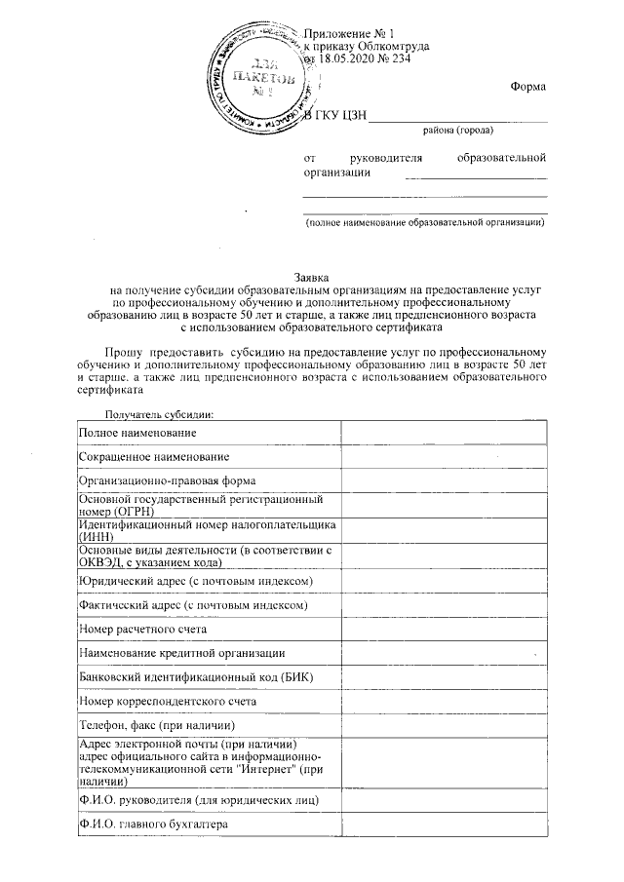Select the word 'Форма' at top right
click(x=527, y=88)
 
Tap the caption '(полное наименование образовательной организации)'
click(x=425, y=223)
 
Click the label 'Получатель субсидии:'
click(x=152, y=413)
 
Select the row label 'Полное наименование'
click(x=138, y=432)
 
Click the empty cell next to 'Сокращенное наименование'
click(x=444, y=456)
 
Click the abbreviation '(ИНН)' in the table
click(x=97, y=536)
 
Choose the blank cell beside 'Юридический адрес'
click(x=444, y=581)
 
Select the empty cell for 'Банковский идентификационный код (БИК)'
click(x=444, y=677)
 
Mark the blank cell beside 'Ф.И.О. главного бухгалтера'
click(x=444, y=824)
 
